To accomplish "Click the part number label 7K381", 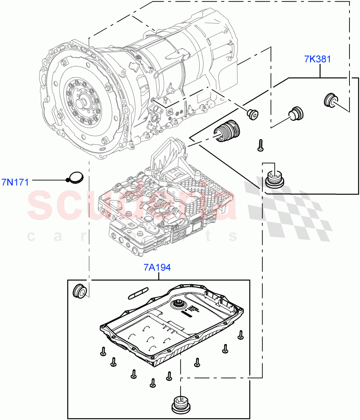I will click(317, 59).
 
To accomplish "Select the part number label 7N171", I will click(15, 182).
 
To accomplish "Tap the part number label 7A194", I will click(157, 268).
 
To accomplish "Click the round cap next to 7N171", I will click(76, 177).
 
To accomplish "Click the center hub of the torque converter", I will click(81, 104).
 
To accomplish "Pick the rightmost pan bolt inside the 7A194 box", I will click(241, 335).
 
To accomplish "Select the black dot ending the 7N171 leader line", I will click(68, 180).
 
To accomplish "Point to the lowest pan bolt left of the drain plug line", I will click(153, 383).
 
